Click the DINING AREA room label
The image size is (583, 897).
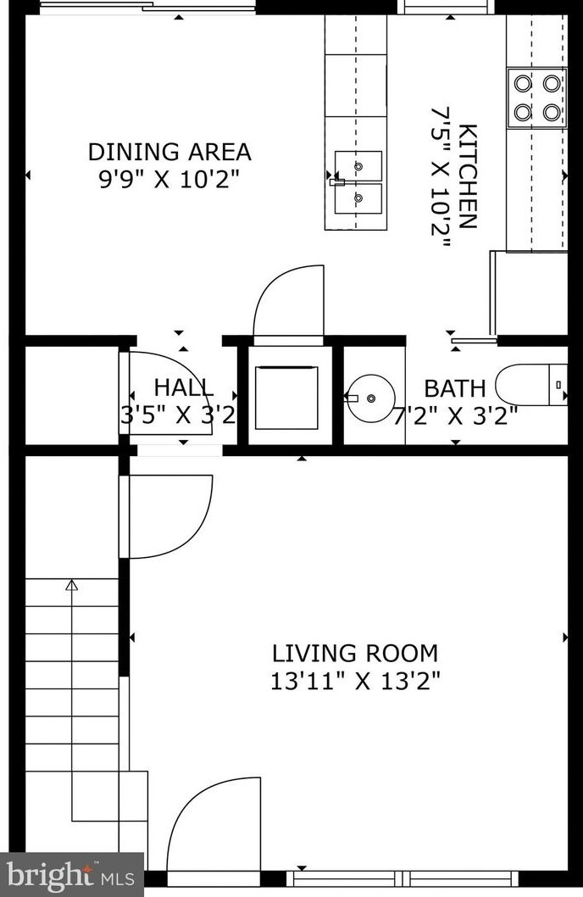[x=169, y=152]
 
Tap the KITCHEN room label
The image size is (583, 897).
[x=468, y=175]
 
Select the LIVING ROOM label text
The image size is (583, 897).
[x=355, y=654]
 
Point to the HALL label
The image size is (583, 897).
[x=184, y=387]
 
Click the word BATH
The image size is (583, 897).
[x=455, y=388]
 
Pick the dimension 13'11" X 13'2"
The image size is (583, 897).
[x=355, y=682]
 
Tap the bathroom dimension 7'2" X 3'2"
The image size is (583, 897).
[x=456, y=416]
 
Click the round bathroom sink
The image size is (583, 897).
[x=371, y=397]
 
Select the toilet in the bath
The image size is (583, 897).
[x=531, y=384]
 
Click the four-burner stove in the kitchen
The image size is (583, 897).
[x=536, y=97]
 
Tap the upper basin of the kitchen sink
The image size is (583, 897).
[x=358, y=166]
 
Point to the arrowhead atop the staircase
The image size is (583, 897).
[x=71, y=585]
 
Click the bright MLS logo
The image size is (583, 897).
[x=71, y=875]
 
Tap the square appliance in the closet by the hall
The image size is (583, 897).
[x=286, y=398]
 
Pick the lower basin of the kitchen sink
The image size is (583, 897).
[x=358, y=198]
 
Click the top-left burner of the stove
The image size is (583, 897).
[x=523, y=84]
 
